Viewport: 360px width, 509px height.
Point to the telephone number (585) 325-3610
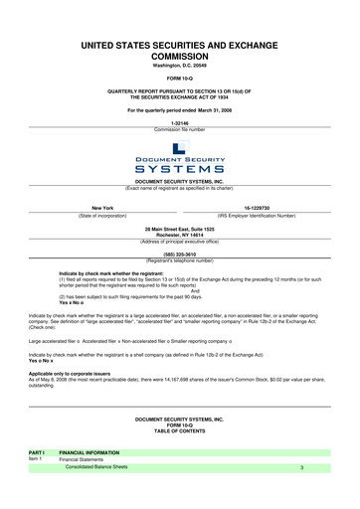coord(179,253)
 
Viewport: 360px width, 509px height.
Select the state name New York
coord(102,208)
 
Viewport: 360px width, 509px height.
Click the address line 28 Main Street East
coord(179,229)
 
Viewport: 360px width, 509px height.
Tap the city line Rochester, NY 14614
coord(179,235)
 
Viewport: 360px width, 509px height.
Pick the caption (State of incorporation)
coord(102,215)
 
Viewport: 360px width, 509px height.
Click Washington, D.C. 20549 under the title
coord(179,65)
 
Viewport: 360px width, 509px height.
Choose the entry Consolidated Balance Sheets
coord(96,467)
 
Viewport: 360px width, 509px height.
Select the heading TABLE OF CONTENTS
coord(179,431)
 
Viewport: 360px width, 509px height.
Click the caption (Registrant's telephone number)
coord(179,258)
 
